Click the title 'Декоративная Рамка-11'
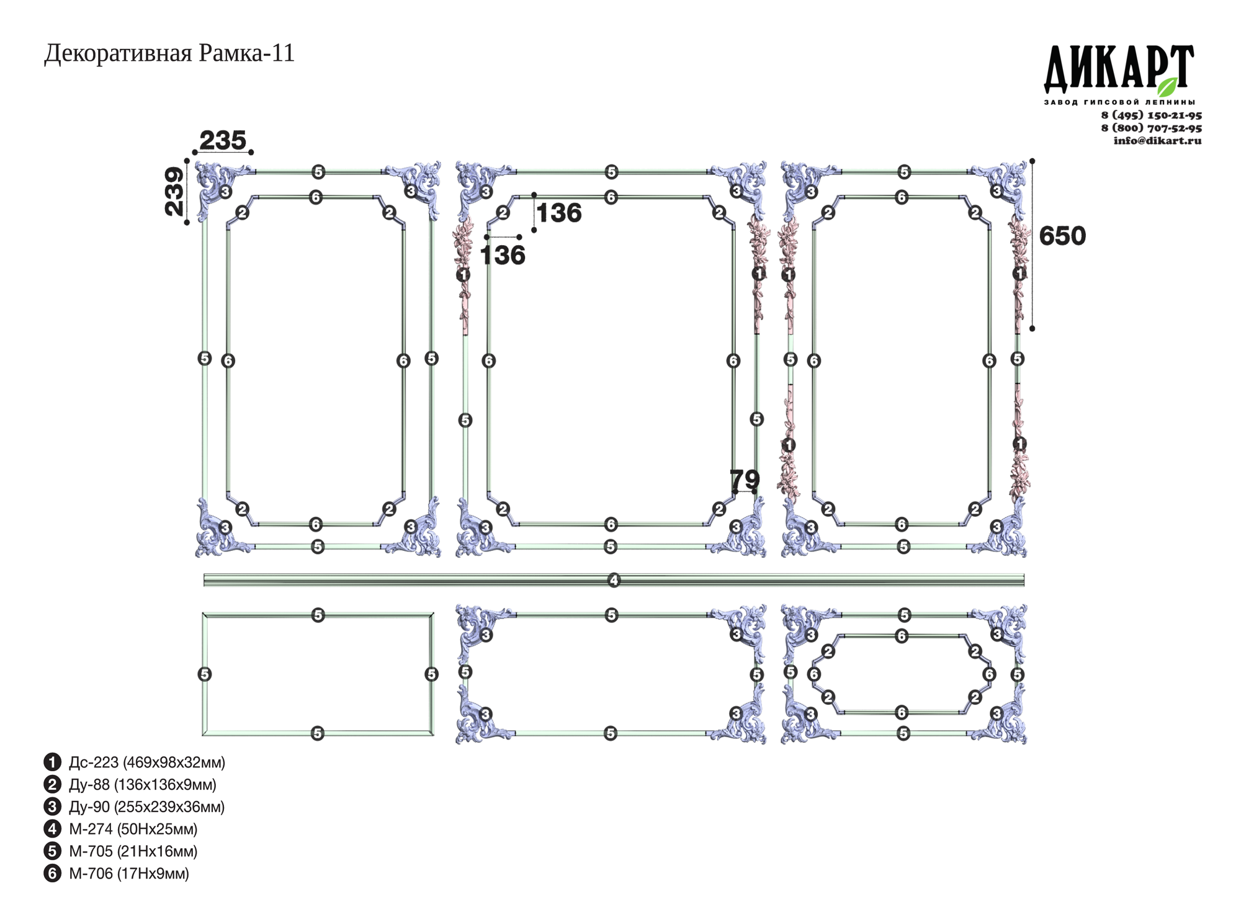point(169,53)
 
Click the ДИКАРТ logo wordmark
point(1119,68)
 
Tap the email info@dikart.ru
point(1157,140)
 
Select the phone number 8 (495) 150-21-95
point(1152,115)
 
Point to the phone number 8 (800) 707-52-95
point(1152,128)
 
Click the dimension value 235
point(223,140)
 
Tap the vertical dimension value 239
point(174,191)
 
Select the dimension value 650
point(1062,236)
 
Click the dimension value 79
point(745,478)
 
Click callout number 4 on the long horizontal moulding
point(614,580)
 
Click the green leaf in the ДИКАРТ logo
point(1167,87)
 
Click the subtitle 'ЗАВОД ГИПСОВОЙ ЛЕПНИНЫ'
point(1119,102)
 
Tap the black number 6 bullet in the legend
point(53,874)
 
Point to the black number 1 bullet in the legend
point(53,762)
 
